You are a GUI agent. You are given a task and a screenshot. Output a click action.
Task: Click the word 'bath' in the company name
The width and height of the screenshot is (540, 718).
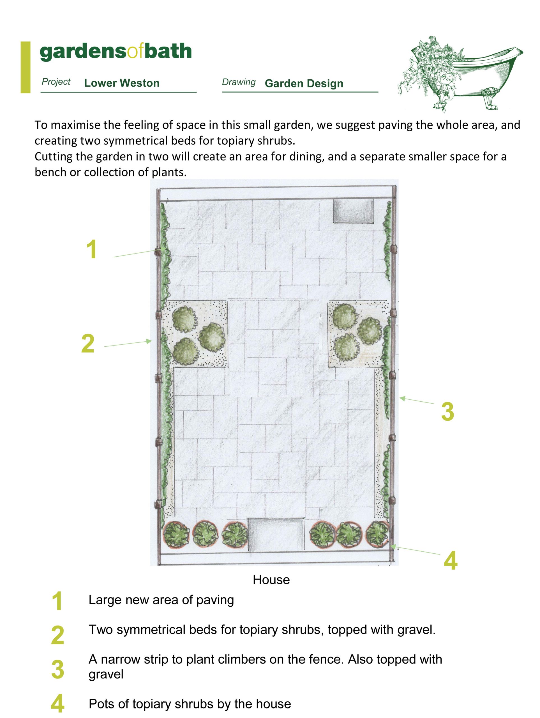[x=168, y=51]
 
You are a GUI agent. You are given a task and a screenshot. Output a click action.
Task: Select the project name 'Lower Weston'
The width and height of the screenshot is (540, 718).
[x=122, y=83]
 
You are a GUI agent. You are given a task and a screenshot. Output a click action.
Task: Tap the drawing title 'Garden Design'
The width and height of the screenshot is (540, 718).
[x=304, y=83]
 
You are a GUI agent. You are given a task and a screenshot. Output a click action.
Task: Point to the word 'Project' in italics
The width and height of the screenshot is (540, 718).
[x=56, y=82]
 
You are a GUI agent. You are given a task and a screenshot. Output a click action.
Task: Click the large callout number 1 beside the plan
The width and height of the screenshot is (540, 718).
[x=92, y=249]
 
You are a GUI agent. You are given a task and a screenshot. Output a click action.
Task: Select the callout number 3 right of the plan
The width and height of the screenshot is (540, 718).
[x=447, y=411]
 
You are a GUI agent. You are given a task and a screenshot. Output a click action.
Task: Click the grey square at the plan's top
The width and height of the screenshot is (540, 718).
[x=353, y=211]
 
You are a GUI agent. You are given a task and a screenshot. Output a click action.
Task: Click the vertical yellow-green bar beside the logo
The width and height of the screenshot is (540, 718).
[x=25, y=67]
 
